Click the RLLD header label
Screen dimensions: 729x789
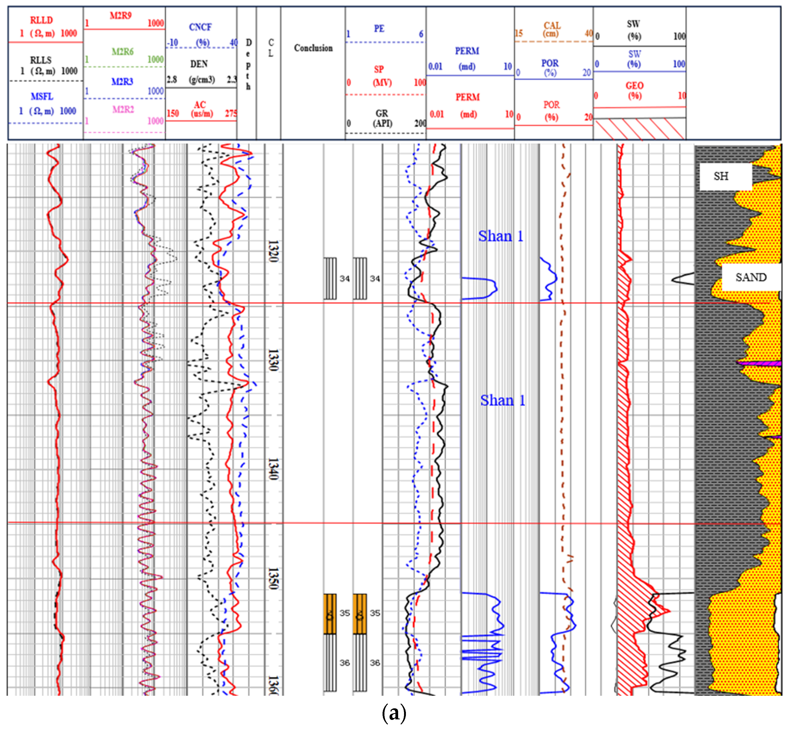point(41,20)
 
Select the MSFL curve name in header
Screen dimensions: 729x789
point(42,97)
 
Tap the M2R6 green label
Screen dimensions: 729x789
point(122,52)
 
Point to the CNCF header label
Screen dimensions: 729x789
point(200,27)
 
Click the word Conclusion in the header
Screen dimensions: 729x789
point(313,48)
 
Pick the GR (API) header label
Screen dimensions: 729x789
point(382,118)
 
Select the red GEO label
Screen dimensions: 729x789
point(634,86)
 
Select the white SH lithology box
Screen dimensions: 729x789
point(725,176)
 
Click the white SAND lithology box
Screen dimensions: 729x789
point(751,277)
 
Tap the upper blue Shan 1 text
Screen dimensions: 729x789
point(500,236)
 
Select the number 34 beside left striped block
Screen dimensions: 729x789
point(345,279)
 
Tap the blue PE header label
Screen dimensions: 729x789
point(379,28)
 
